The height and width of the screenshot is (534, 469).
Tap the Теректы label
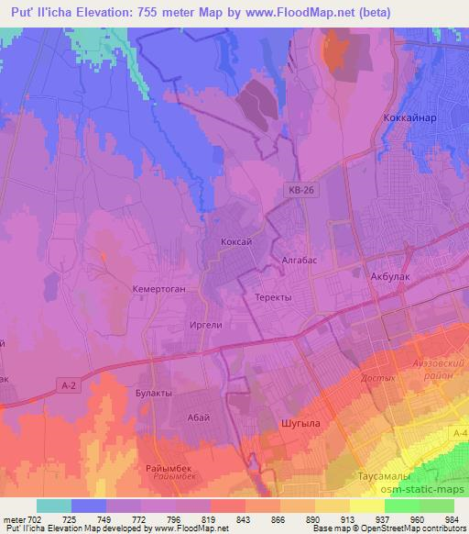click(x=272, y=298)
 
